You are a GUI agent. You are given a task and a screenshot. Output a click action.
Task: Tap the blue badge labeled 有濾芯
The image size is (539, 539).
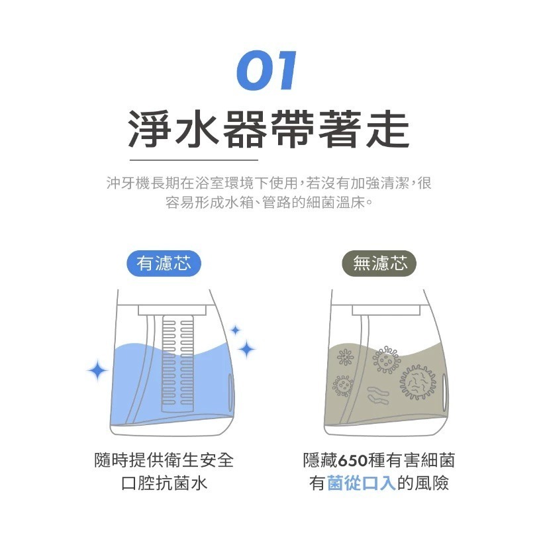(164, 264)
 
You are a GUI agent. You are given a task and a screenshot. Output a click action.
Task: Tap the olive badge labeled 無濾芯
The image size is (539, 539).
(379, 264)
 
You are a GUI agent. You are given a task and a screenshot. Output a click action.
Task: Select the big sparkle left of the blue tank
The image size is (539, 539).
(97, 371)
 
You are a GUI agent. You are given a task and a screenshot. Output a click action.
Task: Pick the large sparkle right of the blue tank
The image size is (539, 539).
(246, 348)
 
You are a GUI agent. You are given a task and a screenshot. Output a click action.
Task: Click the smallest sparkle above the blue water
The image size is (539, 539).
(235, 330)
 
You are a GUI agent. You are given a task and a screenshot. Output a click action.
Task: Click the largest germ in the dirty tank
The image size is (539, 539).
(418, 383)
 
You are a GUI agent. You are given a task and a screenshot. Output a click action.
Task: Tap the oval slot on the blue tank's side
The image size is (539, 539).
(231, 391)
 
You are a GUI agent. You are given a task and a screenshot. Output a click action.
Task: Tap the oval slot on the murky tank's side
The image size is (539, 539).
(444, 391)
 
